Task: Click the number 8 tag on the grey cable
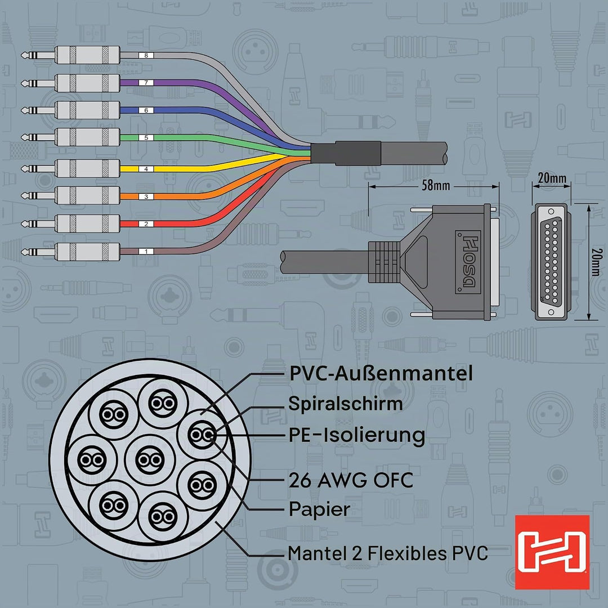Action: coord(146,55)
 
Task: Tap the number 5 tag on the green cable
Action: coord(146,138)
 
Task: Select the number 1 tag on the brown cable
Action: coord(146,251)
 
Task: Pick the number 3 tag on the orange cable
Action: coord(146,196)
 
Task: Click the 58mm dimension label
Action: coord(436,186)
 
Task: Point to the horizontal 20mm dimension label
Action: coord(552,178)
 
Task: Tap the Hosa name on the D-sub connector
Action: coord(468,262)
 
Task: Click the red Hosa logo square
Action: coord(552,552)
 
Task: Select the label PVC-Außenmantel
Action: coord(381,373)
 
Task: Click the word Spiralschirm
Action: coord(346,404)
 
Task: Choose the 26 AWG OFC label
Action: coord(351,480)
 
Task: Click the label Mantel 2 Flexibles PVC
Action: coord(388,553)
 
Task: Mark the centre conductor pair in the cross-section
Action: coord(150,460)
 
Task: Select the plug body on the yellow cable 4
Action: coord(88,168)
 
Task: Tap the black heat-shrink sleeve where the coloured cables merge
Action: coord(346,153)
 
